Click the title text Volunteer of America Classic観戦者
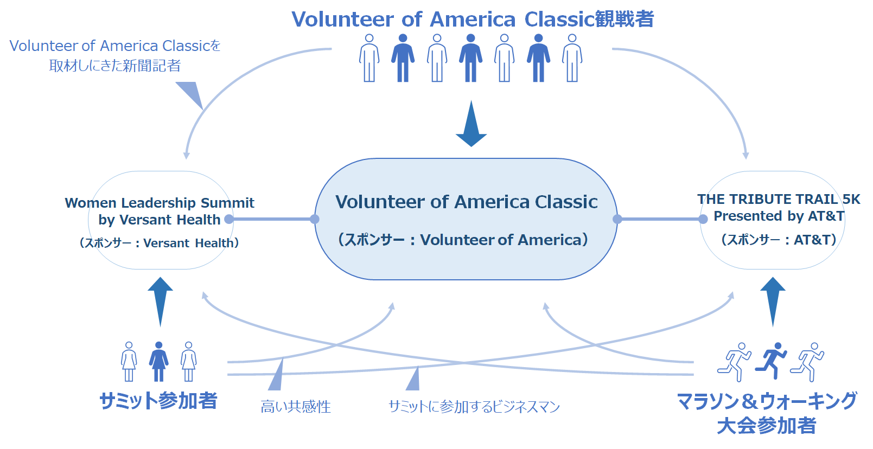coord(473,19)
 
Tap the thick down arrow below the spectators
coord(471,124)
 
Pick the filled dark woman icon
coord(158,361)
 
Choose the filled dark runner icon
coord(770,361)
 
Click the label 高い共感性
coord(296,407)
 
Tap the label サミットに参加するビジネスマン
coord(474,407)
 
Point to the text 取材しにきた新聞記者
coord(115,66)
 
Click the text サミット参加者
coord(158,401)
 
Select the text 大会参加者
coord(766,426)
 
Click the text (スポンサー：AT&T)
coord(779,240)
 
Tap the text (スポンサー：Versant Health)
coord(159,243)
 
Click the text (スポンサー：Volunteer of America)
coord(463,240)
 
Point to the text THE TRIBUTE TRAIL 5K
coord(778,199)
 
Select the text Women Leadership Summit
coord(160,203)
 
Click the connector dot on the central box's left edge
coord(315,219)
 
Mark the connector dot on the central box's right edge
coord(617,219)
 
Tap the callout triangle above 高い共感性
coord(276,374)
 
